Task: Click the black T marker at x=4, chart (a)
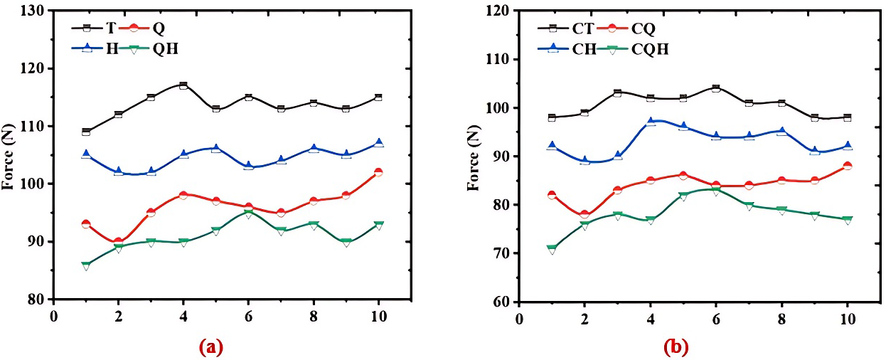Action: tap(183, 85)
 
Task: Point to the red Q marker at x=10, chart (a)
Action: tap(378, 172)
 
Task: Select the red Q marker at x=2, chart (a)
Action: tap(118, 242)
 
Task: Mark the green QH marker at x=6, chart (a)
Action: tap(248, 213)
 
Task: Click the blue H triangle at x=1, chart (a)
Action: tap(86, 154)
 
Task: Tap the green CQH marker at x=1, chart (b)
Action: tap(552, 249)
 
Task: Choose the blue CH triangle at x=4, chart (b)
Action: tap(651, 122)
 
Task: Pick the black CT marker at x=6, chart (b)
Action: tap(716, 88)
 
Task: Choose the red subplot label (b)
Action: tap(676, 347)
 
